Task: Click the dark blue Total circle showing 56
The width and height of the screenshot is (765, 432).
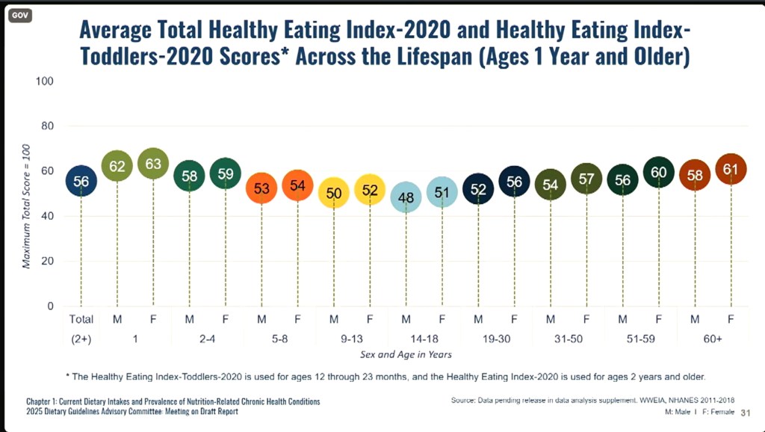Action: [81, 182]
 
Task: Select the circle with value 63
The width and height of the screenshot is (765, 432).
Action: [153, 164]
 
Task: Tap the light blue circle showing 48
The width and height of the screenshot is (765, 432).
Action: [406, 197]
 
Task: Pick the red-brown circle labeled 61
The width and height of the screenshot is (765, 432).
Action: [731, 170]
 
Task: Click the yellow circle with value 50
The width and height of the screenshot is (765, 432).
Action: [334, 193]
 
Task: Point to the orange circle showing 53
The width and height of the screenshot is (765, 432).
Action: [261, 188]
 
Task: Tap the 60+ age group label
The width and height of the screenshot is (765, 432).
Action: [713, 338]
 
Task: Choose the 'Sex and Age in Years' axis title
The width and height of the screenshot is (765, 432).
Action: [406, 354]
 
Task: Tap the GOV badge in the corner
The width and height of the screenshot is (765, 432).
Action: [17, 15]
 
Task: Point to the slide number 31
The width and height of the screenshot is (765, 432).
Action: [745, 413]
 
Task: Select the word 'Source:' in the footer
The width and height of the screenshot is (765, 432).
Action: [466, 401]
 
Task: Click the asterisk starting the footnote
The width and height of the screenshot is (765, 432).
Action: [68, 375]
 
